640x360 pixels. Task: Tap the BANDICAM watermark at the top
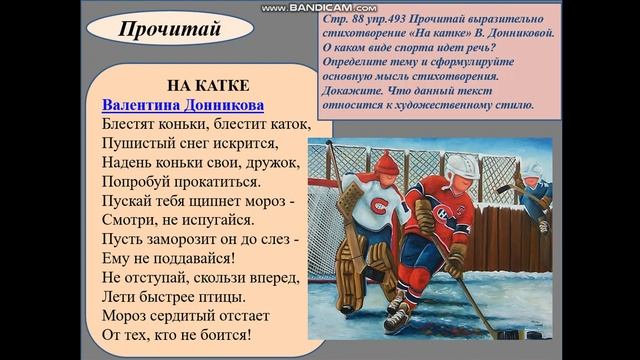[x=320, y=7]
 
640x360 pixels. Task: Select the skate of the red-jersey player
[x=398, y=317]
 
